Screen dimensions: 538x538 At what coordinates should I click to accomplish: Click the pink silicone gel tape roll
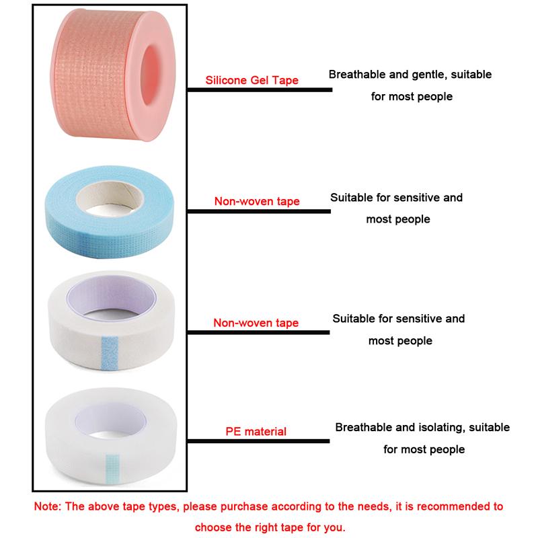(x=113, y=74)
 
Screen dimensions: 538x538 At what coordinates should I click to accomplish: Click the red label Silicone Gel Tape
(x=252, y=80)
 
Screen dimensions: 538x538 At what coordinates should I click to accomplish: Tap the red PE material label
(x=256, y=431)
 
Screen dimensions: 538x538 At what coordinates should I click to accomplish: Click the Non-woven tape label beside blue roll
(x=257, y=201)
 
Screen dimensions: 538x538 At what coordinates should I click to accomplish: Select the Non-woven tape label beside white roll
(x=256, y=323)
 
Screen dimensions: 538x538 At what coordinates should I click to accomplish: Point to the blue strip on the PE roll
(x=112, y=467)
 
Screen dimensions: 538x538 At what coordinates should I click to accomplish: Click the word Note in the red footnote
(x=47, y=506)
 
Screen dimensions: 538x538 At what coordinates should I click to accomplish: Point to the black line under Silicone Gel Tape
(x=260, y=90)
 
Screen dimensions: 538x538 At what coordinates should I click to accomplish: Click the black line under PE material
(x=258, y=441)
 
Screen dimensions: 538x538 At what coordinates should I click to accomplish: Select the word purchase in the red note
(x=244, y=507)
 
